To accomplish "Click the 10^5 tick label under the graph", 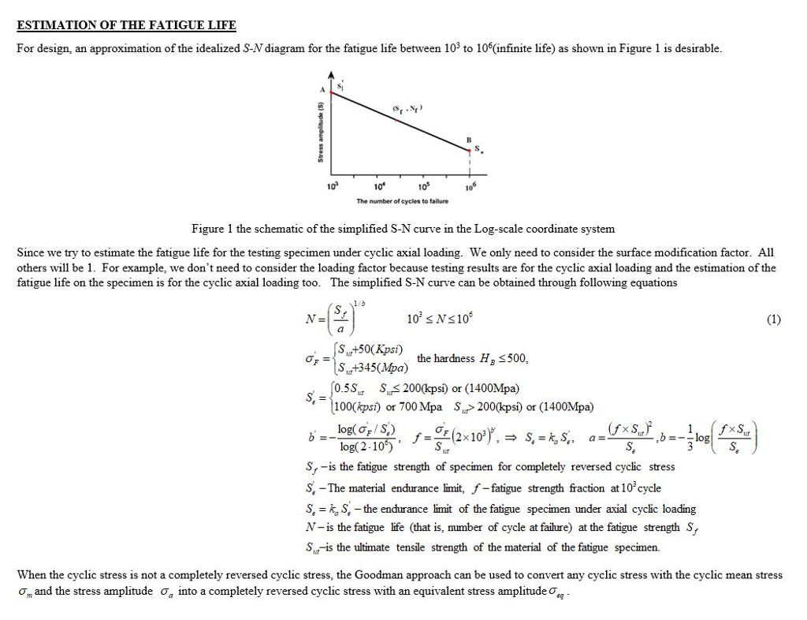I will click(424, 186).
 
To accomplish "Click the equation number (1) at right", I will click(773, 319).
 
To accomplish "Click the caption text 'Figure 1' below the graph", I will click(213, 229).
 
